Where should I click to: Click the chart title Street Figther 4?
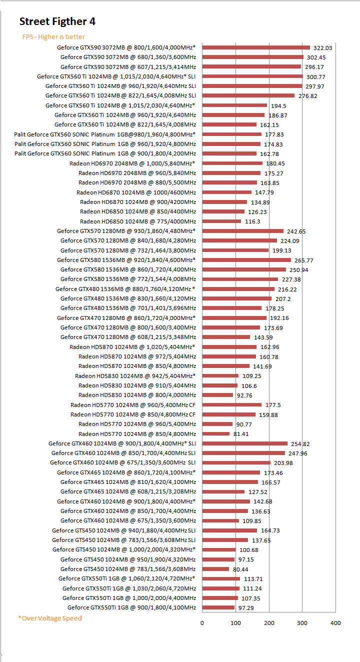pos(57,21)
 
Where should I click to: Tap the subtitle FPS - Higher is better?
pos(53,36)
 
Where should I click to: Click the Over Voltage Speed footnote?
pos(50,618)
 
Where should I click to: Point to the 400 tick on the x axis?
pos(335,623)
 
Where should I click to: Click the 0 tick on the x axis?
pos(202,623)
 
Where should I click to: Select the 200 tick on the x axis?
pos(269,623)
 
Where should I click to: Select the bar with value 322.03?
pos(256,47)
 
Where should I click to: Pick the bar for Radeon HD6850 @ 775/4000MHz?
pos(221,221)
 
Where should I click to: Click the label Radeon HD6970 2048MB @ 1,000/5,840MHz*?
pos(132,163)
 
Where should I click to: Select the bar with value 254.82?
pos(244,443)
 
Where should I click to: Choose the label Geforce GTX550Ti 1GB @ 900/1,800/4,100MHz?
pos(131,607)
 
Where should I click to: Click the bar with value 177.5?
pos(231,405)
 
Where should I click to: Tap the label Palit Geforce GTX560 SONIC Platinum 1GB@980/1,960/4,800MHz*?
pos(105,134)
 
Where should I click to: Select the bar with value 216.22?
pos(238,289)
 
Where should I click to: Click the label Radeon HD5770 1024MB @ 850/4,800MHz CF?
pos(133,414)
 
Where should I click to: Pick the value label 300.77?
pos(315,76)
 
